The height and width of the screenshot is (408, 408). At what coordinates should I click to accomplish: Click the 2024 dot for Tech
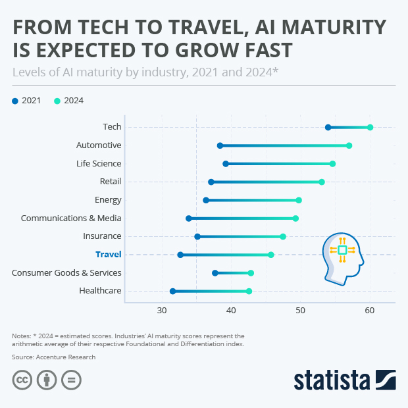[370, 127]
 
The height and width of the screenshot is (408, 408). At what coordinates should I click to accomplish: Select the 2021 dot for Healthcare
[172, 291]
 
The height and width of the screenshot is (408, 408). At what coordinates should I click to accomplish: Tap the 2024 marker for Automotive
[349, 145]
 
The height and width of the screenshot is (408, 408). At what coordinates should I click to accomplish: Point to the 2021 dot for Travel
[180, 255]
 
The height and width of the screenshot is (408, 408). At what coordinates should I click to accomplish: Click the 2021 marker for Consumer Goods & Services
[215, 272]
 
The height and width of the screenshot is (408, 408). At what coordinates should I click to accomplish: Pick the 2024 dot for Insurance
[283, 236]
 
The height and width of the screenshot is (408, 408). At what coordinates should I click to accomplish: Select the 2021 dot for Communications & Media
[189, 218]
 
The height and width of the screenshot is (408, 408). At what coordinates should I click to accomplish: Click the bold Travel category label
[108, 254]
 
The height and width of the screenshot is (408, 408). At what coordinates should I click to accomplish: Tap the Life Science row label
[99, 163]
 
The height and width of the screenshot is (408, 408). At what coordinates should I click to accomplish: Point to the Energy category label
[108, 199]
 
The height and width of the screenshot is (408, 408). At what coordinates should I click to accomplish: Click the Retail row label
[110, 182]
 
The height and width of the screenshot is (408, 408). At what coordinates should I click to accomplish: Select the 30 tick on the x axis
[161, 310]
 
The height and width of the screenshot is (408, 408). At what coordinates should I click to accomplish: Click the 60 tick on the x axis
[370, 310]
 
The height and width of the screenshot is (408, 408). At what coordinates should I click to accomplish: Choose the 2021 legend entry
[26, 101]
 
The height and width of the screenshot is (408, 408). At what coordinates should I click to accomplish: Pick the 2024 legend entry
[68, 101]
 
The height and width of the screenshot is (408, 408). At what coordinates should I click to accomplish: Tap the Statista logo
[344, 380]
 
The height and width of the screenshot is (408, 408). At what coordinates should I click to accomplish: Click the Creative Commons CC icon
[22, 380]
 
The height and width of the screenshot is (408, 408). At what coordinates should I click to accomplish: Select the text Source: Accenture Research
[53, 357]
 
